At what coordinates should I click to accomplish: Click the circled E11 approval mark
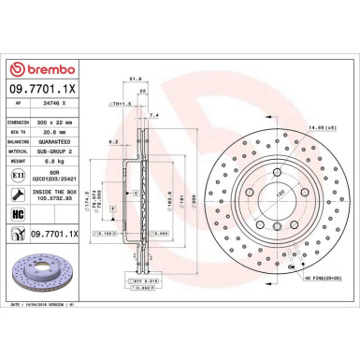(x=19, y=186)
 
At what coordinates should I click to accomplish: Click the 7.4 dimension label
(x=154, y=113)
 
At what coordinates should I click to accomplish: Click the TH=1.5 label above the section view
(x=117, y=103)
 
